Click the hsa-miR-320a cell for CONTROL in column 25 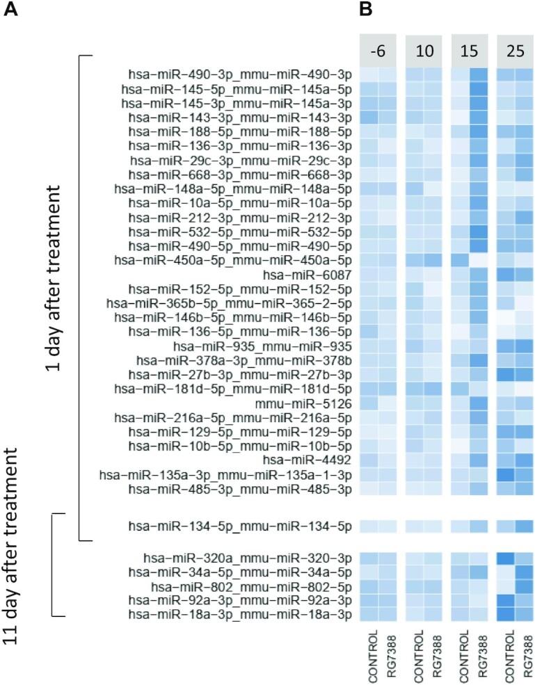[x=506, y=557]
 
